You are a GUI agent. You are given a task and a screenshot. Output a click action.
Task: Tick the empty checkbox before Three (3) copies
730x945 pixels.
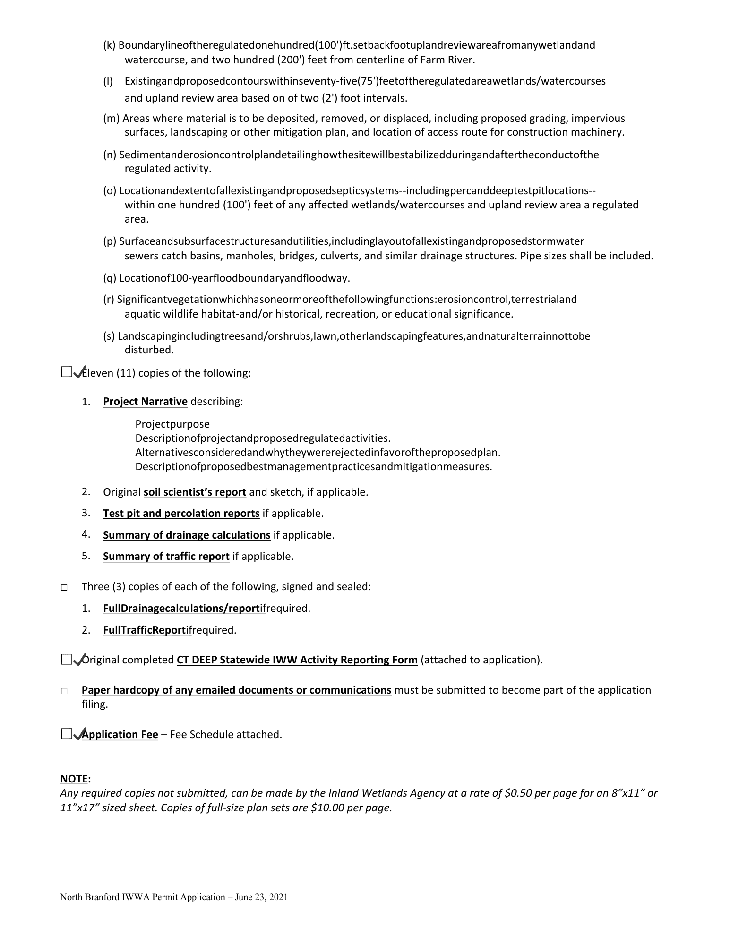(64, 588)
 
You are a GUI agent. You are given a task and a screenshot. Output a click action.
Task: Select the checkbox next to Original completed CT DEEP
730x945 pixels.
(66, 659)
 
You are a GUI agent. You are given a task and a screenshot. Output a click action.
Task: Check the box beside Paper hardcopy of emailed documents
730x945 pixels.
(64, 691)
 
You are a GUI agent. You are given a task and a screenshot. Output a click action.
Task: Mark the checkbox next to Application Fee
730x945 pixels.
(66, 733)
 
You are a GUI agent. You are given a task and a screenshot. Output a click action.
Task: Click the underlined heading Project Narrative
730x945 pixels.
(145, 402)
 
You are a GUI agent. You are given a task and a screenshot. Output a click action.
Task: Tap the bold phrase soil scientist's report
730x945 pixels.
(195, 492)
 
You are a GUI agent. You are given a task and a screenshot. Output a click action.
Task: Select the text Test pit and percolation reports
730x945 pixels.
(181, 514)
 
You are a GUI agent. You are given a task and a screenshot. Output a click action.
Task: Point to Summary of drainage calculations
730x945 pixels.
(187, 535)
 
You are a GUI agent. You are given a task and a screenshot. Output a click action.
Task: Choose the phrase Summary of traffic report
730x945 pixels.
(166, 557)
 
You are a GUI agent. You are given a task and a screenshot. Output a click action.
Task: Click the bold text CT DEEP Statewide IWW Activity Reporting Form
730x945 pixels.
(297, 660)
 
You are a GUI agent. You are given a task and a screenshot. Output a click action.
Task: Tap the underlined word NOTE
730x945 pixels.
(74, 779)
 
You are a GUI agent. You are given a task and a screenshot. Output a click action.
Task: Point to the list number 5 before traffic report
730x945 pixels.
(86, 556)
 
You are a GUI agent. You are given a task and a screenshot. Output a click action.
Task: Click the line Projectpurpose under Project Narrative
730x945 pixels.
(172, 424)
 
